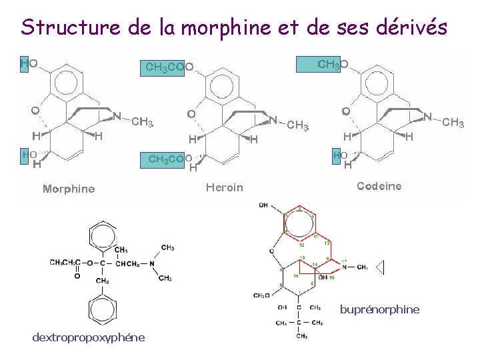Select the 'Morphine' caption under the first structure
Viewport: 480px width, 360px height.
pos(69,189)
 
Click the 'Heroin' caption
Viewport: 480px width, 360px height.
pos(225,187)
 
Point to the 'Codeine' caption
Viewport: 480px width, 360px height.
pos(379,187)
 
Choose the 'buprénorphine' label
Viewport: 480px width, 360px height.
pos(379,309)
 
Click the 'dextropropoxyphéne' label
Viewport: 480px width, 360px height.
pos(88,337)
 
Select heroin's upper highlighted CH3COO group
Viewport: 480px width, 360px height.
pos(169,67)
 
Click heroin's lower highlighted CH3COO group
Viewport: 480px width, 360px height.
pos(167,159)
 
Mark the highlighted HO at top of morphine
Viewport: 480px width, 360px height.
pos(29,63)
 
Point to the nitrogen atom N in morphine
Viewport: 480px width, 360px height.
pos(117,115)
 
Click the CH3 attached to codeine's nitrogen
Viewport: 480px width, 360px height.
pos(453,123)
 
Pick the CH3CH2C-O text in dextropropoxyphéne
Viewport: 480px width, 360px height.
pos(69,261)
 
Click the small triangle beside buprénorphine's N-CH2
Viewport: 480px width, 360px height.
pos(380,267)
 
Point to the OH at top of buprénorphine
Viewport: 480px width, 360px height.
pos(264,205)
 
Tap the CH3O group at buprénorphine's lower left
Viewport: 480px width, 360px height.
pos(262,295)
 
